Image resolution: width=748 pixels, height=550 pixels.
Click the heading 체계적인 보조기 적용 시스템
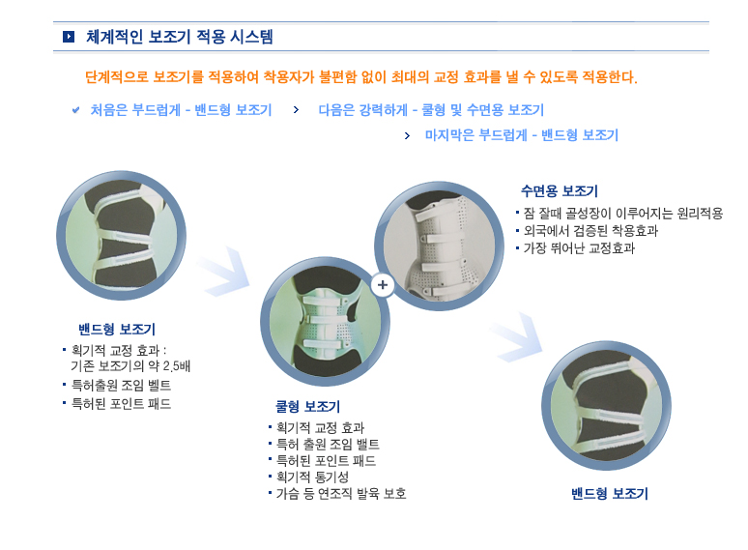[180, 37]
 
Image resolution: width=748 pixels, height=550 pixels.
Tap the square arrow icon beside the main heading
[69, 37]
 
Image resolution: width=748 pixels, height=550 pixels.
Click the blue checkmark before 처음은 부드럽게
[75, 110]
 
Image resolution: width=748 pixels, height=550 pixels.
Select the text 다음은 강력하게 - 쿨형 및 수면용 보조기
[431, 110]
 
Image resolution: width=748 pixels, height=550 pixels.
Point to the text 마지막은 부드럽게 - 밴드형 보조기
[522, 135]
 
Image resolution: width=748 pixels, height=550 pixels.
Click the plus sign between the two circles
[383, 285]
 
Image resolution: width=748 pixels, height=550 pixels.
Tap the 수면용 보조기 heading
[560, 191]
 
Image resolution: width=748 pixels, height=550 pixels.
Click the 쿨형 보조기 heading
[307, 406]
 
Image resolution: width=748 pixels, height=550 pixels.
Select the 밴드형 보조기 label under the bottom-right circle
[610, 493]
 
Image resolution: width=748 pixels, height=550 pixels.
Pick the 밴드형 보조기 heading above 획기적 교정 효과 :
[117, 330]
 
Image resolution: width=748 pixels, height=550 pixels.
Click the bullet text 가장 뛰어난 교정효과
[579, 248]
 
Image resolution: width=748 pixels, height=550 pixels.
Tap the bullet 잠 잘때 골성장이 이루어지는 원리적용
[623, 214]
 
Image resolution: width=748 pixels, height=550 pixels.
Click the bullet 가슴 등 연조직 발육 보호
[341, 493]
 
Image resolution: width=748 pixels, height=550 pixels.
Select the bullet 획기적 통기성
[312, 477]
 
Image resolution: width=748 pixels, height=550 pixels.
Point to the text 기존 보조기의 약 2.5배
[130, 366]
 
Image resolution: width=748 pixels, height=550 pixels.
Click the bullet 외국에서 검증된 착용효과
[590, 231]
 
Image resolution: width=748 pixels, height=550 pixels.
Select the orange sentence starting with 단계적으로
[361, 76]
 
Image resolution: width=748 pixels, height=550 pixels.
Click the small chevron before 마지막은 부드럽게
[407, 136]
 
